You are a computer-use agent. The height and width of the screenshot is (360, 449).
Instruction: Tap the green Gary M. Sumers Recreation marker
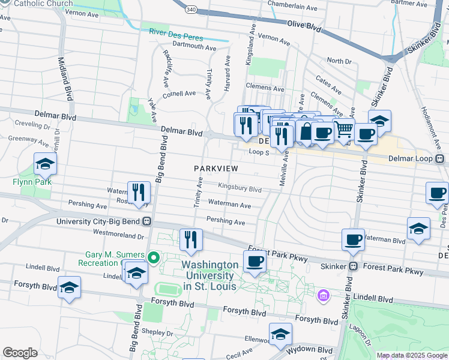point(154,259)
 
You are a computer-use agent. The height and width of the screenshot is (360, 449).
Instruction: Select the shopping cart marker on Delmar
point(343,128)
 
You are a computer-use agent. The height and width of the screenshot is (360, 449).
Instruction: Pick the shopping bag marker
point(306,131)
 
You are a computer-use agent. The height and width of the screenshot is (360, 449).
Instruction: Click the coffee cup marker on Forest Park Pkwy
point(255,261)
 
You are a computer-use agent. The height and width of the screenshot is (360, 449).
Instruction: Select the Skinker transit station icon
point(354,266)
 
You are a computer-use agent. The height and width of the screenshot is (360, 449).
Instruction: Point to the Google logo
point(20,353)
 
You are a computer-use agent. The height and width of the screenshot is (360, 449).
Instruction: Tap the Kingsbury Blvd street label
point(240,188)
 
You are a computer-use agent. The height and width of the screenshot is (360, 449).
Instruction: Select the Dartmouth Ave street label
point(194,46)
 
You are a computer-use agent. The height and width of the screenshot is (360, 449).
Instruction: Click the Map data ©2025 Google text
point(412,355)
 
